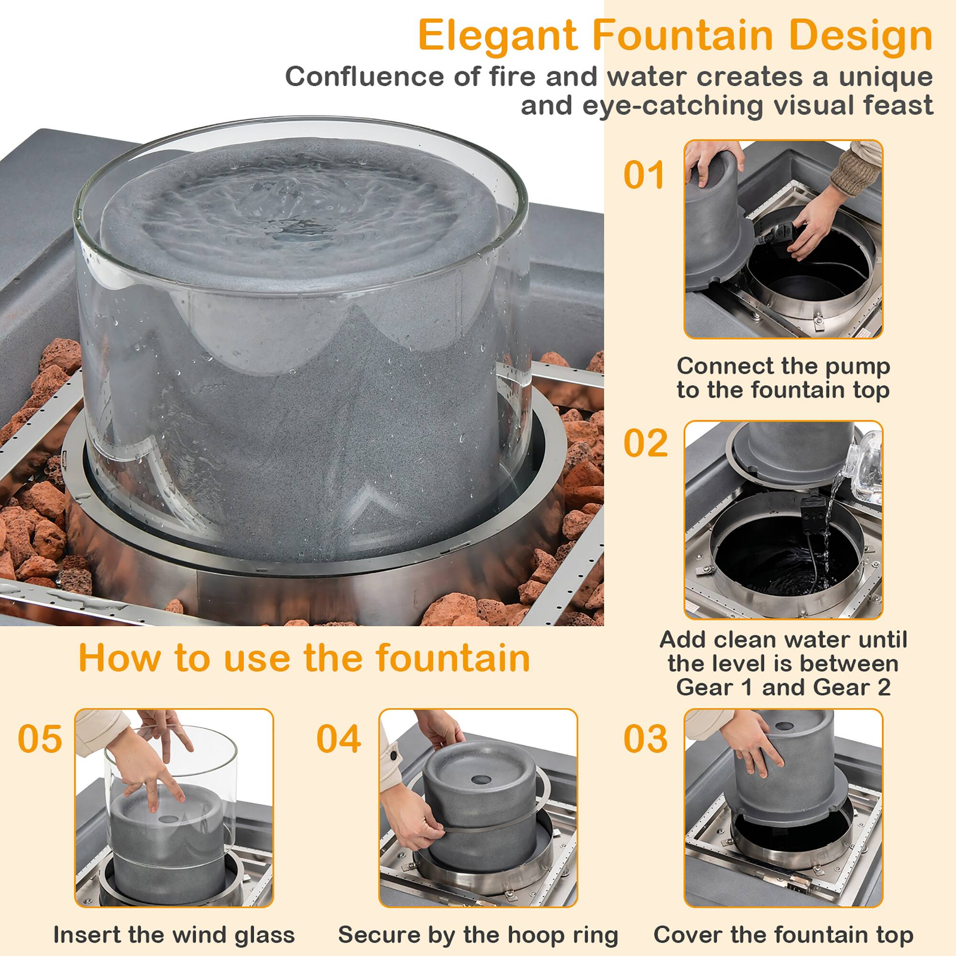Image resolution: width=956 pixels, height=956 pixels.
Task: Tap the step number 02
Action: coord(645,443)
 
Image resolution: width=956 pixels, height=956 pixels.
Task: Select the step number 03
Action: coord(645,739)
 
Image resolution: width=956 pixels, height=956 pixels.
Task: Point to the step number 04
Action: coord(338,739)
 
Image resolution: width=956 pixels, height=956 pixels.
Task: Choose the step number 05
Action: coord(40,739)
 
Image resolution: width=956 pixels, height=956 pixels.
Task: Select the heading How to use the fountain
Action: coord(304,658)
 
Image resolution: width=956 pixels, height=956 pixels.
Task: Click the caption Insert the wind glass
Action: coord(174,921)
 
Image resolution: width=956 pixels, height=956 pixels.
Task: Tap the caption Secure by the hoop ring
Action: coord(478,921)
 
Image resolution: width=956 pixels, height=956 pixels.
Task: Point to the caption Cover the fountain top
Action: coord(783,921)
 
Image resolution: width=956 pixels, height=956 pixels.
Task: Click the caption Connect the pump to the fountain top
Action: coord(783,378)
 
